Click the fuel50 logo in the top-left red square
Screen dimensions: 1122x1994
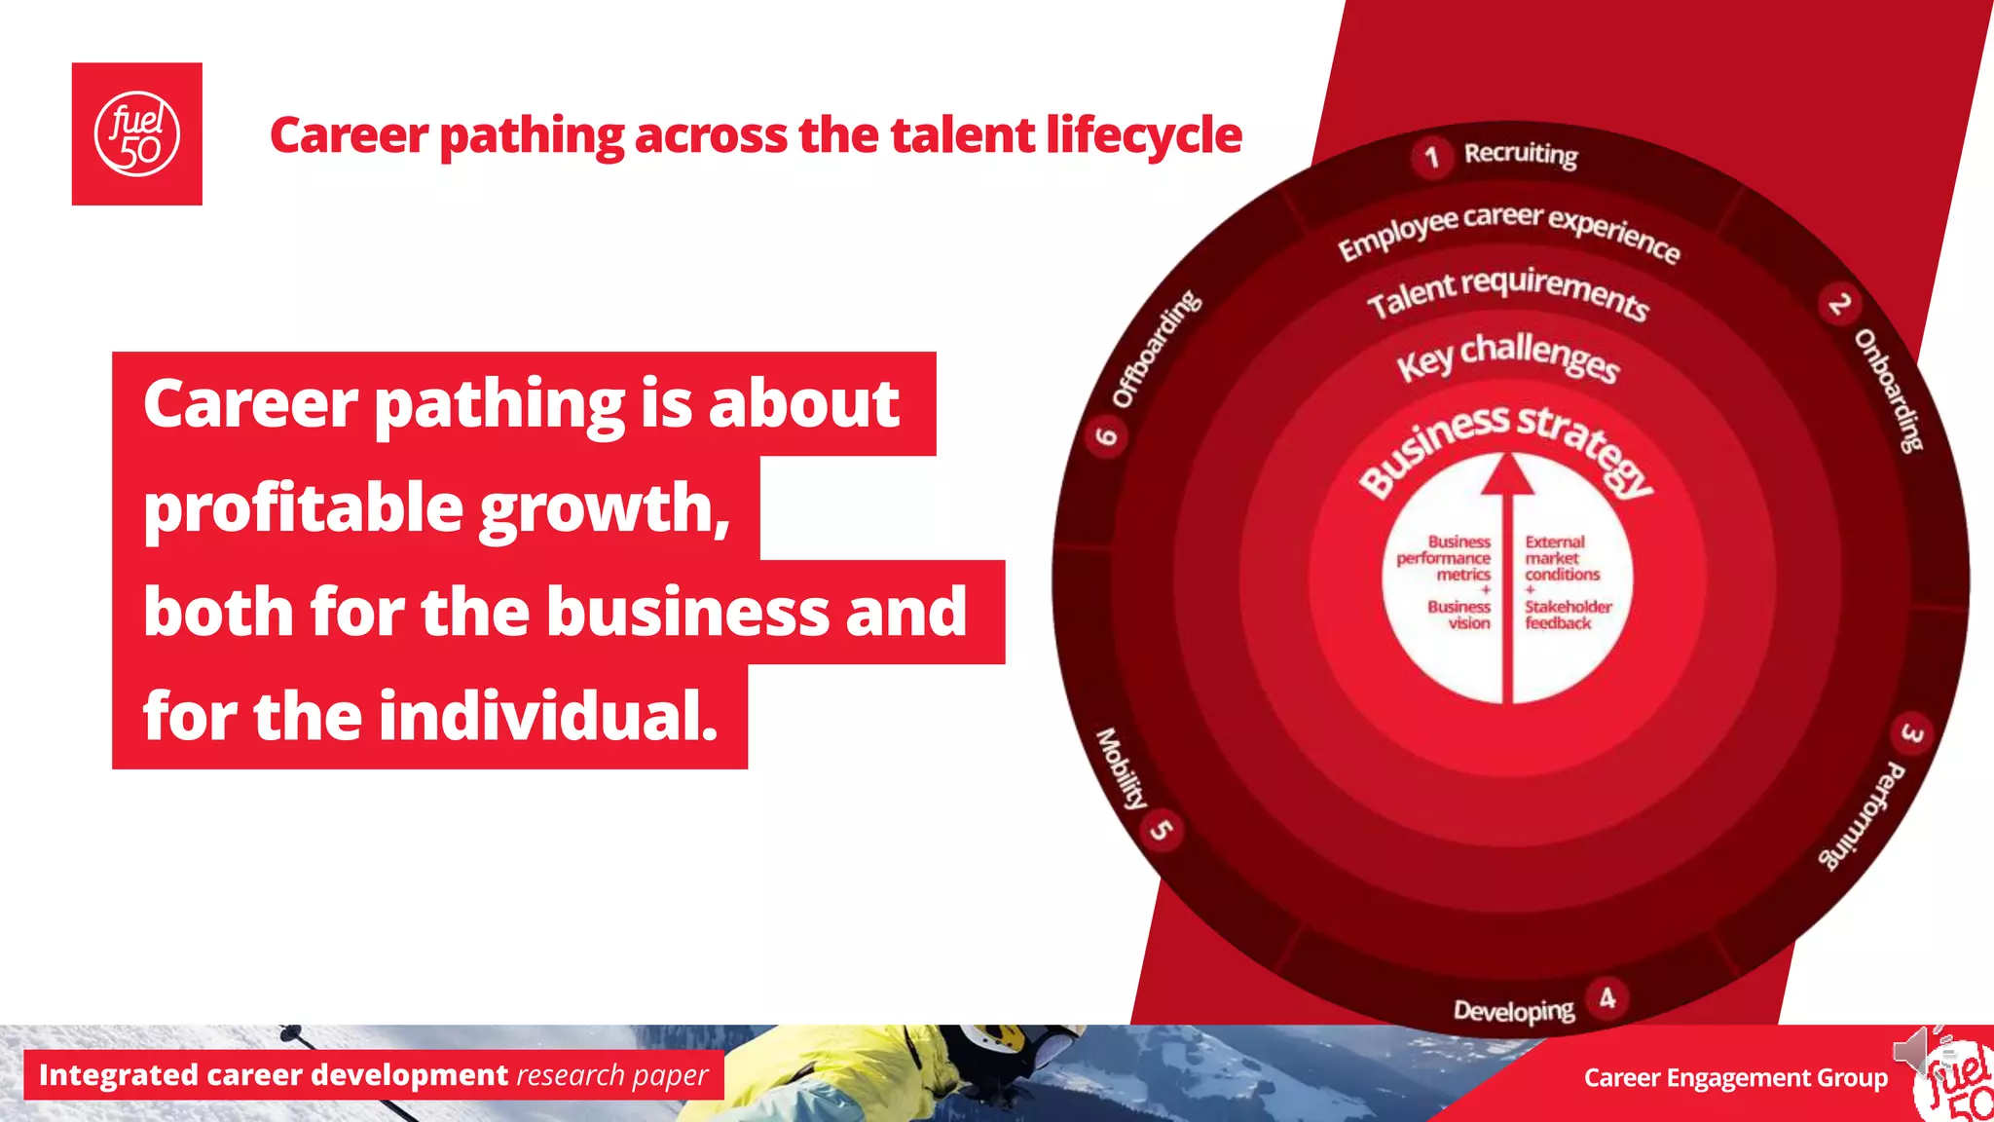point(136,134)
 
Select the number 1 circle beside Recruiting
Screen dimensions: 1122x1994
point(1431,157)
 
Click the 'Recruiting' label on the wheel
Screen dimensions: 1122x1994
point(1521,154)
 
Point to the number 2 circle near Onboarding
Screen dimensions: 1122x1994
point(1838,305)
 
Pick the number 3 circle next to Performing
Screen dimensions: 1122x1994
point(1911,733)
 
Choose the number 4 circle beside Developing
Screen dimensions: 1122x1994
point(1607,998)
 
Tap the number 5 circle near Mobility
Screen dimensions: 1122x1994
point(1163,829)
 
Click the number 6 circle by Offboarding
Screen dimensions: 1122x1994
point(1107,434)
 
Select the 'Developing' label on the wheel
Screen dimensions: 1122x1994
point(1513,1011)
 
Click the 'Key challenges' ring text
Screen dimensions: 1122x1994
point(1508,356)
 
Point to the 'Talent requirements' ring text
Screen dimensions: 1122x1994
point(1508,292)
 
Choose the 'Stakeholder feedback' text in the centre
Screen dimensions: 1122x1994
point(1567,615)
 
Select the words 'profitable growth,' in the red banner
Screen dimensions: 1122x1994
point(436,508)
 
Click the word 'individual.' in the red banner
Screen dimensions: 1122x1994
point(548,716)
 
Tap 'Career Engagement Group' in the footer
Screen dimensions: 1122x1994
point(1735,1078)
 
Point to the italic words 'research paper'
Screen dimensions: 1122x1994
point(611,1075)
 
